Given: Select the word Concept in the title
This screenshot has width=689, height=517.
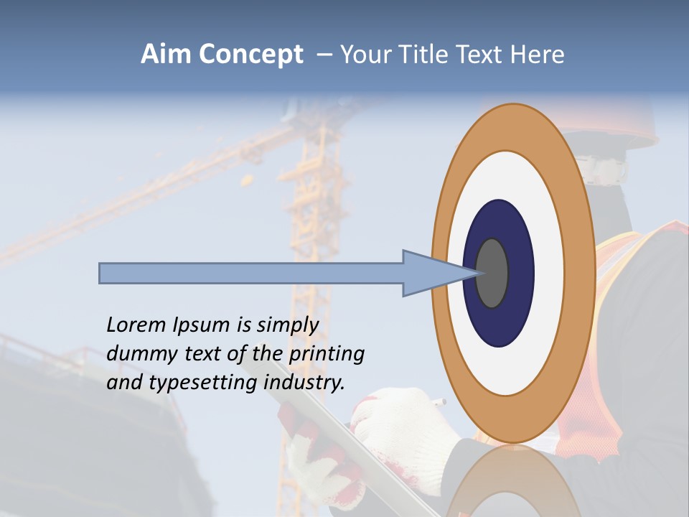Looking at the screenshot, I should (x=250, y=55).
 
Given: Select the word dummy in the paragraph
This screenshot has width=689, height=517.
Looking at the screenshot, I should (x=136, y=354).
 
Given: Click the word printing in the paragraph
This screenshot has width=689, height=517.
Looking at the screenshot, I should (x=326, y=355).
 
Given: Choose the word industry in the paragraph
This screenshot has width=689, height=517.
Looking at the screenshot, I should (x=304, y=383).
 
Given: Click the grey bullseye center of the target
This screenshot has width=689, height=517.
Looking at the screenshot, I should (x=493, y=273).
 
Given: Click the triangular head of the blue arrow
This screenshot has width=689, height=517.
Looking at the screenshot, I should (x=431, y=273).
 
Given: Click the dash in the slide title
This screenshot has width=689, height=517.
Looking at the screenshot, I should (x=324, y=55).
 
